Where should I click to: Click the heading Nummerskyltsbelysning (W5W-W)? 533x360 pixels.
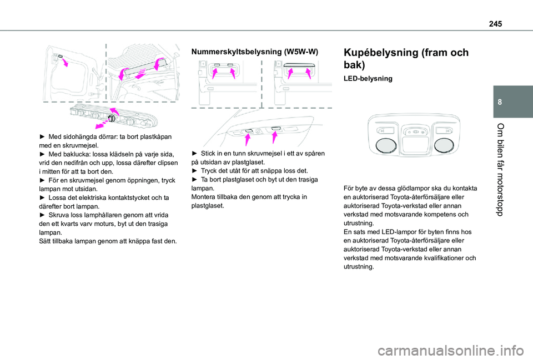[x=254, y=52]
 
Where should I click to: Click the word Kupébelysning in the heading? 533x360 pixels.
[x=383, y=53]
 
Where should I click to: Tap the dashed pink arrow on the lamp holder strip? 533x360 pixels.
[x=106, y=118]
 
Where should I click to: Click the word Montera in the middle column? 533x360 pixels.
[x=204, y=197]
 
